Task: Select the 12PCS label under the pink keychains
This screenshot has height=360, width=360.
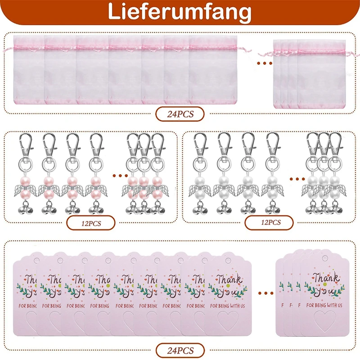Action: (91, 223)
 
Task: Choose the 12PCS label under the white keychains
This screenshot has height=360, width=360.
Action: (269, 222)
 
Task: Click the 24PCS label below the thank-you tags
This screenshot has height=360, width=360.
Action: (180, 350)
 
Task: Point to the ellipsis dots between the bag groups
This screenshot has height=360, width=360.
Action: (265, 63)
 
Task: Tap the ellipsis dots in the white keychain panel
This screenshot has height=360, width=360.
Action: (295, 175)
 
